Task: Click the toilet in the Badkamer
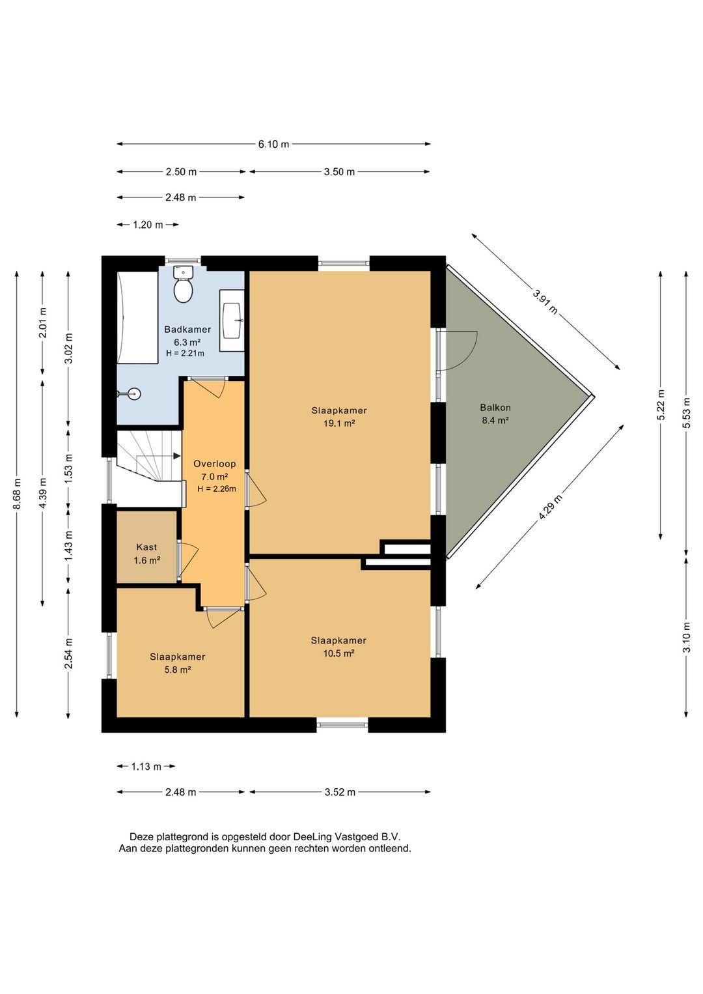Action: [183, 285]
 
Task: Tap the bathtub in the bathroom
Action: [137, 318]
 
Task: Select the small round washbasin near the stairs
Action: [131, 393]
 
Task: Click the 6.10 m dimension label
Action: [273, 144]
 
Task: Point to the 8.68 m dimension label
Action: [17, 494]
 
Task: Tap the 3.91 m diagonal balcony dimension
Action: [545, 302]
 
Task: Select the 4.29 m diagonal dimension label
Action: [551, 507]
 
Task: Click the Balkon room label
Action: [495, 407]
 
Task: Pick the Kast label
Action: [146, 547]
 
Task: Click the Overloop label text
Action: [215, 464]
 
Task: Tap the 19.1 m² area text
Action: [339, 423]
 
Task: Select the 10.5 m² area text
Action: [339, 653]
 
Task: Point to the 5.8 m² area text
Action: [178, 670]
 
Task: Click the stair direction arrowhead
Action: [178, 456]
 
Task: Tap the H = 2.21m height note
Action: [185, 354]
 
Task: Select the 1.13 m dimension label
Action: [146, 767]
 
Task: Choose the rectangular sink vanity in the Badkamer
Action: [232, 320]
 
